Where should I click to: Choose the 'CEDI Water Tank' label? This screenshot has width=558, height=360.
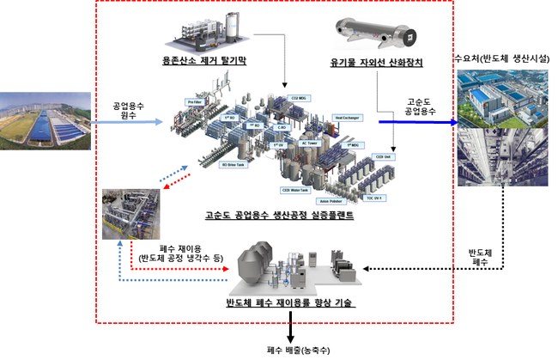pos(297,189)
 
